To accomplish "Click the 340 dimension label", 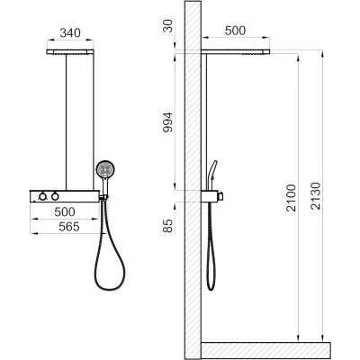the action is point(70,33).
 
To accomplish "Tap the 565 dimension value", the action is point(69,227).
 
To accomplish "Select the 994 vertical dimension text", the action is point(167,122).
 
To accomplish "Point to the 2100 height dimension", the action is point(291,198).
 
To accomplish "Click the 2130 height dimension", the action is point(316,196).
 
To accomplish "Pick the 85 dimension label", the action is point(168,226).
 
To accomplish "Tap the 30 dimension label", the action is point(168,25).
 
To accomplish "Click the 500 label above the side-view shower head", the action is point(235,31).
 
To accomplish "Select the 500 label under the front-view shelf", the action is point(65,211).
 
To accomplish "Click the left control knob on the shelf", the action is point(43,197).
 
